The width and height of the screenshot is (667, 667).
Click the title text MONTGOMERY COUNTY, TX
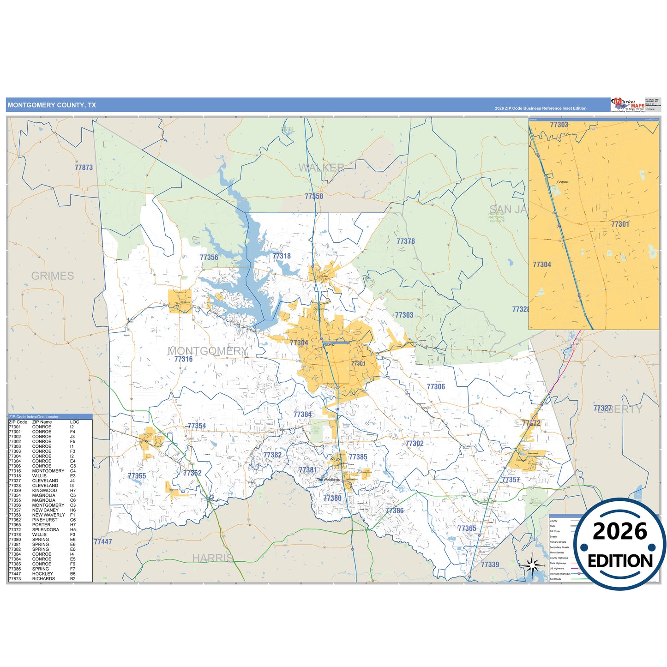point(52,105)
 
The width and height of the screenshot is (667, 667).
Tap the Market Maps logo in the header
point(627,105)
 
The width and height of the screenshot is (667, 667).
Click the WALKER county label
point(321,168)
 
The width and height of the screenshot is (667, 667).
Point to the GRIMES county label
point(53,276)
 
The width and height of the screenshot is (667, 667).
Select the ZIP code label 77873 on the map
point(84,168)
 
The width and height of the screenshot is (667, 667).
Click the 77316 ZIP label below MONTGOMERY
point(183,359)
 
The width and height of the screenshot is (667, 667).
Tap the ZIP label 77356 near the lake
point(209,258)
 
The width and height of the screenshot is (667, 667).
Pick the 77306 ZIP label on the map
point(435,387)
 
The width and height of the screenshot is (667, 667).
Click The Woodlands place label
point(328,480)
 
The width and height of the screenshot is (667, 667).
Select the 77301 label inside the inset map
point(620,224)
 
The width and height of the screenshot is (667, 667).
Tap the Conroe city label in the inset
point(562,182)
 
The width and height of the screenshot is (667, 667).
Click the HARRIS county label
point(212,558)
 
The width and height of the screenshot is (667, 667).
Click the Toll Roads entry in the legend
point(555,579)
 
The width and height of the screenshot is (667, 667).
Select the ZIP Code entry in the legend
point(555,531)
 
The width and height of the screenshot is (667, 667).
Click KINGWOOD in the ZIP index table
point(44,491)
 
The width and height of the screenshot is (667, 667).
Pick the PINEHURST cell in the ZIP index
point(45,520)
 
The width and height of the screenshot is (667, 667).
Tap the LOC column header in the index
point(74,422)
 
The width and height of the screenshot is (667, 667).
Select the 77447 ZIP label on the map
point(102,542)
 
